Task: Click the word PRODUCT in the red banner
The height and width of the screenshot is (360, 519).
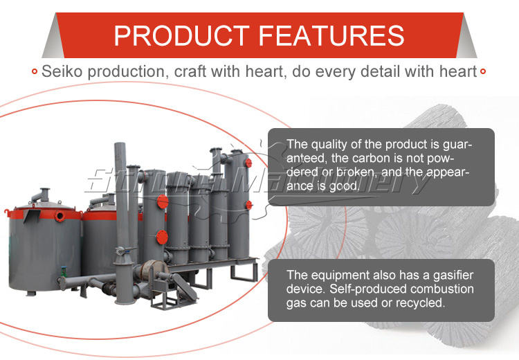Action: (x=181, y=35)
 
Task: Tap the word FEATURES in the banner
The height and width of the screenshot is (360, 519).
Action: (x=331, y=35)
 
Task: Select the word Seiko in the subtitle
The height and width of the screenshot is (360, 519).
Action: (x=62, y=71)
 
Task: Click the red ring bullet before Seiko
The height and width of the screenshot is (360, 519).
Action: (x=35, y=71)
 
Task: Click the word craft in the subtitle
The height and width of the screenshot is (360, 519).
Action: (x=190, y=71)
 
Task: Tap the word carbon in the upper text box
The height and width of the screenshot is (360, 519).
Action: (x=374, y=159)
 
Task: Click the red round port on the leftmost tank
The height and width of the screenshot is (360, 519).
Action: (x=60, y=216)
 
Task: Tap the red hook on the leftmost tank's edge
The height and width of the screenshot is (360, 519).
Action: (x=7, y=213)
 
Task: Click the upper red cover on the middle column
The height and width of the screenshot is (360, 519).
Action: (x=162, y=201)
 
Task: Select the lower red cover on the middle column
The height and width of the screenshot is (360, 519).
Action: (x=162, y=237)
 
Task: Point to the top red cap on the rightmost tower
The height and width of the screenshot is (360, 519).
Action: (x=248, y=163)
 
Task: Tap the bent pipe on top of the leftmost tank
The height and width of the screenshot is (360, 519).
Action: (x=41, y=195)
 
